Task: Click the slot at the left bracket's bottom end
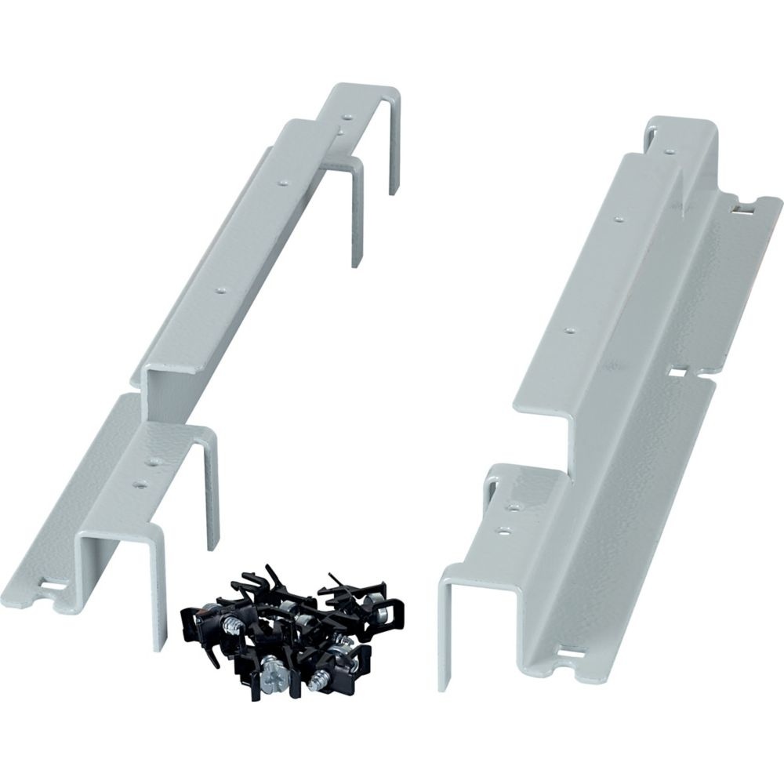tap(53, 585)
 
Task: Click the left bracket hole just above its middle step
tap(220, 289)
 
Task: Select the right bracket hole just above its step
tap(570, 331)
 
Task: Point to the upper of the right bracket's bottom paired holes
tap(515, 507)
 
